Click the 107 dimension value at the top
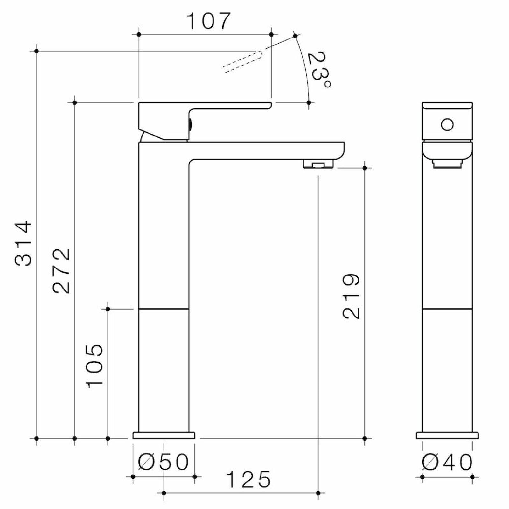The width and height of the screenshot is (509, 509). (x=208, y=21)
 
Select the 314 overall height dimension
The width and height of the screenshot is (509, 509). (x=24, y=243)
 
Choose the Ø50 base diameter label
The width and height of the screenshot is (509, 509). (x=164, y=462)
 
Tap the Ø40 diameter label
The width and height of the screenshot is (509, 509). (x=447, y=462)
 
